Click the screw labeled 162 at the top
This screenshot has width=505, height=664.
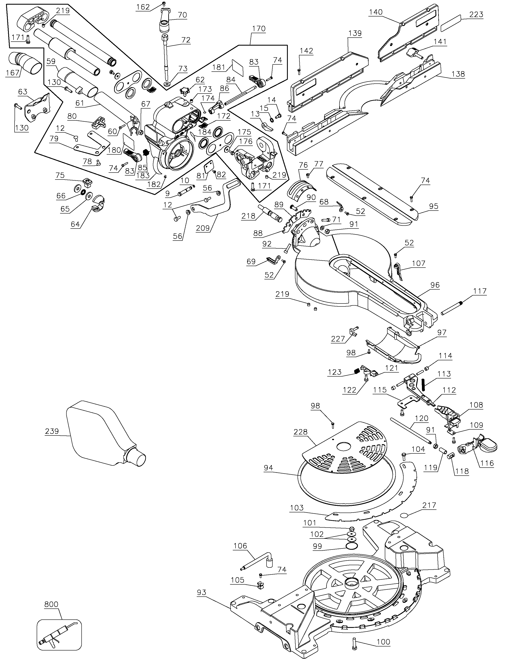(x=164, y=4)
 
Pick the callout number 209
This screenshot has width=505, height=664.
(x=203, y=228)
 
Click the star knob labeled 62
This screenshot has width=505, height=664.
(x=183, y=90)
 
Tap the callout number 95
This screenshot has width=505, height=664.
(x=434, y=207)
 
